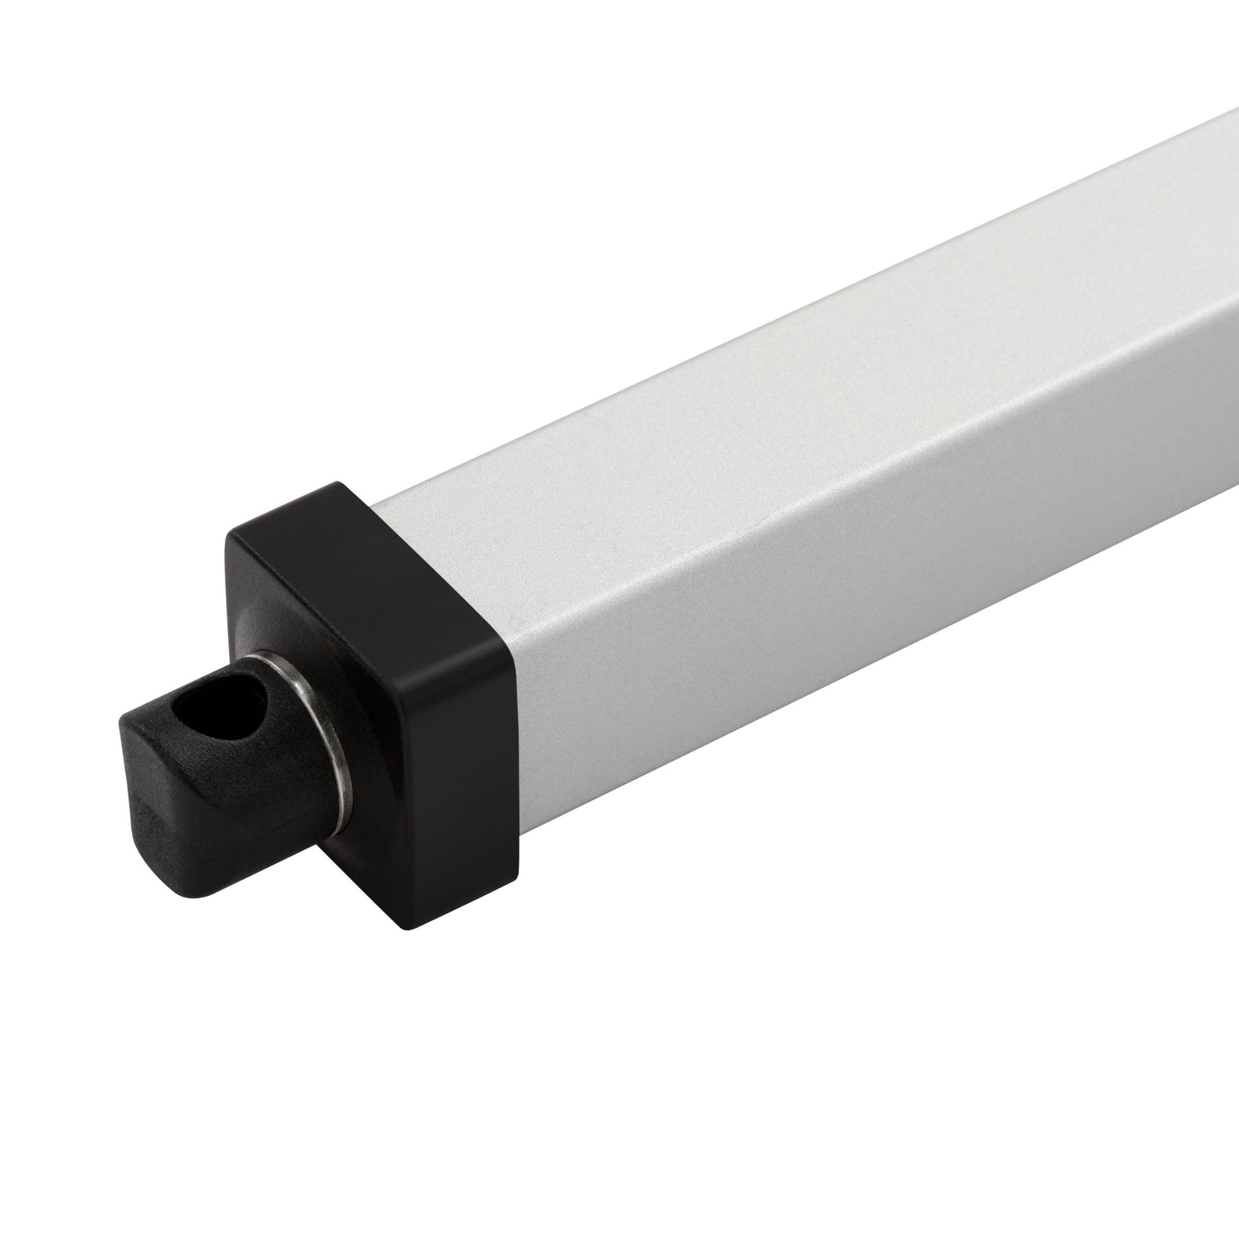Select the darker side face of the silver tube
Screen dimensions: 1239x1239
click(833, 577)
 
